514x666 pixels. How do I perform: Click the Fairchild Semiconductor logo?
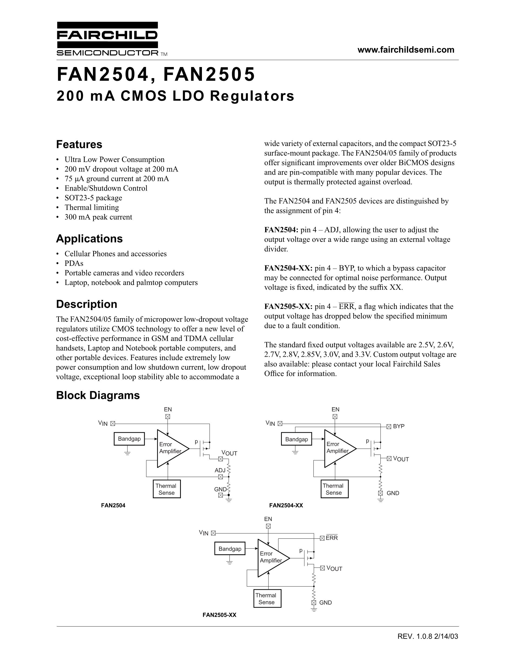click(x=107, y=38)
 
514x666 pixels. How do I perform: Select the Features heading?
click(x=79, y=144)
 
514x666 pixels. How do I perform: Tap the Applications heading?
click(x=89, y=238)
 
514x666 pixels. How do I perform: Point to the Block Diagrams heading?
click(x=98, y=395)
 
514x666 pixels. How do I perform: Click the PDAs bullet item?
click(x=74, y=263)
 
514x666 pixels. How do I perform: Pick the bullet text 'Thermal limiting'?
click(x=92, y=207)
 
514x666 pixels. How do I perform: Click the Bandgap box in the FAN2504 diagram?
click(x=129, y=439)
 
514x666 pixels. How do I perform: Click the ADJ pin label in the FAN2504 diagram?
click(x=220, y=470)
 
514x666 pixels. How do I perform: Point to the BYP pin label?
click(x=399, y=426)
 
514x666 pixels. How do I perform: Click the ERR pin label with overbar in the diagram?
click(x=332, y=538)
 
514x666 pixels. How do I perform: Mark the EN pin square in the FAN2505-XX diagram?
click(x=268, y=526)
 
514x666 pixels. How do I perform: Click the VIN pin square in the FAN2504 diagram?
click(x=112, y=423)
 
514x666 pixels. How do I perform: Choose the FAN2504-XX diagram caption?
click(x=286, y=505)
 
